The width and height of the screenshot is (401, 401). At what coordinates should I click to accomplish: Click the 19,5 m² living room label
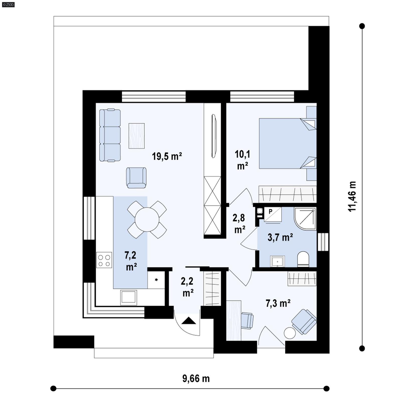point(167,156)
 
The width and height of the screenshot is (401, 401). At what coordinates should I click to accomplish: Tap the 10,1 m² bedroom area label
point(242,160)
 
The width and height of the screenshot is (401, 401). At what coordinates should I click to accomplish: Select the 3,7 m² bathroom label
point(280,237)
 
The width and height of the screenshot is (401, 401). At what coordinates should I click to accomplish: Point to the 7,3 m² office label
point(278,304)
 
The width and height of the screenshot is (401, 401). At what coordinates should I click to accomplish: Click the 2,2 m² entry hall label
point(187,287)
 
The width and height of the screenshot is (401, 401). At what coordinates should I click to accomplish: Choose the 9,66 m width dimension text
point(196,378)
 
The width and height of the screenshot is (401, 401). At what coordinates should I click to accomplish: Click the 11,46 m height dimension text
point(352,196)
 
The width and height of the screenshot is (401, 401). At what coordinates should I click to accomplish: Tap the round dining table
point(147,220)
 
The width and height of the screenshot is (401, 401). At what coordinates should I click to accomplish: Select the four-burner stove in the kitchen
point(104,260)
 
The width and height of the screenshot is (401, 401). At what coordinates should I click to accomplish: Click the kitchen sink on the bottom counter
point(129,297)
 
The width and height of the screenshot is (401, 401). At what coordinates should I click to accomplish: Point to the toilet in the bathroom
point(303,259)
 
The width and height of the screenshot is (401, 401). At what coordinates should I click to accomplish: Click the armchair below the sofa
point(136,177)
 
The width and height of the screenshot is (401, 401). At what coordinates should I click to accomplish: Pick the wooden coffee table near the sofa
point(136,136)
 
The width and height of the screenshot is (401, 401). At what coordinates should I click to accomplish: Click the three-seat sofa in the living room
point(110,135)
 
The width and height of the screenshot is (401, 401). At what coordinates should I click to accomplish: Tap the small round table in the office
point(290,333)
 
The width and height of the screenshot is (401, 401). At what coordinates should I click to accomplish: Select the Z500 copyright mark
point(8,5)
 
